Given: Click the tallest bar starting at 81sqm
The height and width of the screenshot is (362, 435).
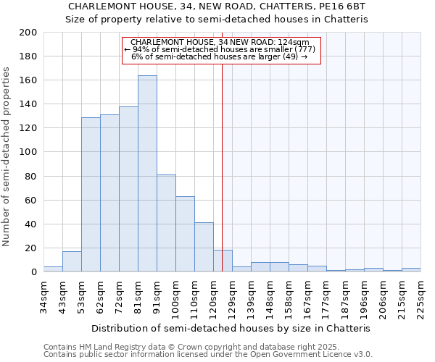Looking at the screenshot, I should pos(147,174).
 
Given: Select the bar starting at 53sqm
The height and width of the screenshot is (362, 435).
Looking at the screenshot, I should pos(91,195).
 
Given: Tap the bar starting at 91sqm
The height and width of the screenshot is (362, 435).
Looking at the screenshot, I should pos(166,223).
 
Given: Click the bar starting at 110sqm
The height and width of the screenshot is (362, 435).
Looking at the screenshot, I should pos(204,247).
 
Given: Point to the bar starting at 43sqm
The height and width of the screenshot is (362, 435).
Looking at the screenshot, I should pos(72,261).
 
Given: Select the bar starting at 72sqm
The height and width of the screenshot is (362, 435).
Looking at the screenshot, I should pos(128,189).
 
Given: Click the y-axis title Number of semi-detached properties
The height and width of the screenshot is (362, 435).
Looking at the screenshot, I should pos(7,156).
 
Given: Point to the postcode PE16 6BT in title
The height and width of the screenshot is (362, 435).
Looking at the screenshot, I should pos(344,6).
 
